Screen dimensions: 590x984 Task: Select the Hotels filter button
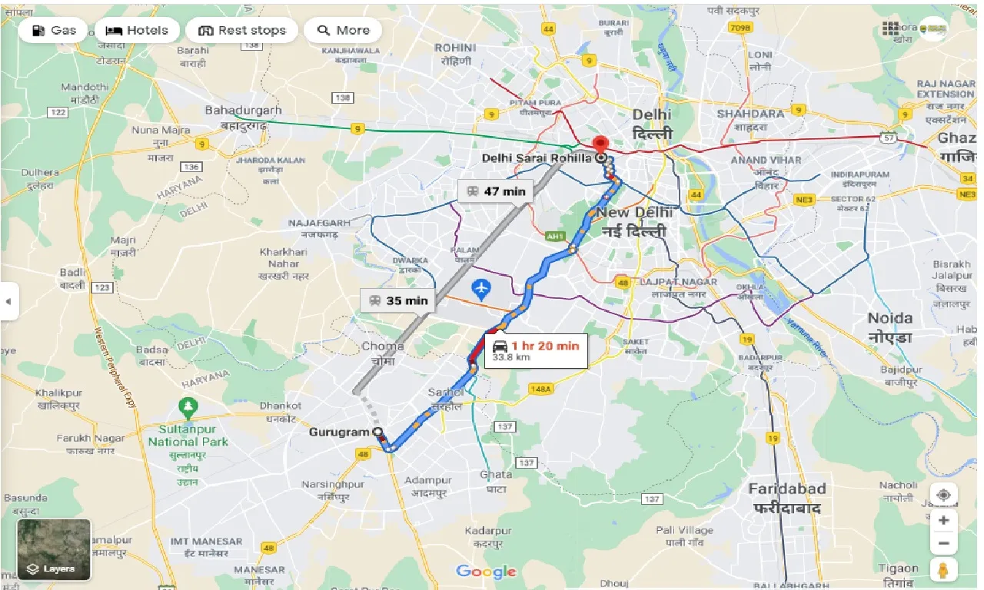[x=137, y=31]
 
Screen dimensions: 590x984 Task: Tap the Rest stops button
[x=242, y=31]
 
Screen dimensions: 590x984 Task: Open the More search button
[x=343, y=31]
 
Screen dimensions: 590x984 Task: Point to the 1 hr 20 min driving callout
[x=536, y=350]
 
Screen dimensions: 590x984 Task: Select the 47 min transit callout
[x=496, y=191]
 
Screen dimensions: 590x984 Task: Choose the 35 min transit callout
[x=398, y=300]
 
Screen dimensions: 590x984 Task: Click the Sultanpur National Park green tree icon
[x=187, y=405]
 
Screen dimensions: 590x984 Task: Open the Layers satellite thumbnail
[x=54, y=549]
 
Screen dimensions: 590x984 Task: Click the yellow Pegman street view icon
[x=943, y=569]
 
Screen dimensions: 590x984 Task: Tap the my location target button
[x=943, y=495]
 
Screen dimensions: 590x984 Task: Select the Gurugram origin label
[x=339, y=433]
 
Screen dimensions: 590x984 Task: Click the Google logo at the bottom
[x=486, y=572]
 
